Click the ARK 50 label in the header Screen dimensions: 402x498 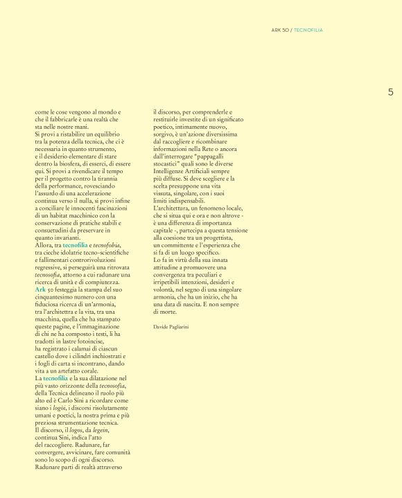[280, 30]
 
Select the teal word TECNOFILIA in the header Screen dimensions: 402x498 [308, 30]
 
